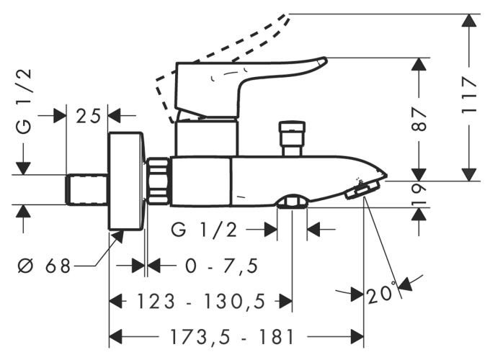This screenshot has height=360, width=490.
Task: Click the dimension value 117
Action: tap(469, 95)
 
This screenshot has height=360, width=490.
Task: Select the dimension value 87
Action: tap(419, 120)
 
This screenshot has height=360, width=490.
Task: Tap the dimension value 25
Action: tap(88, 116)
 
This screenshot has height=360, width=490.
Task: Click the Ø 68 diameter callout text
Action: tap(44, 266)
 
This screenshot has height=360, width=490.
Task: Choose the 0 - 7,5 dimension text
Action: tap(221, 266)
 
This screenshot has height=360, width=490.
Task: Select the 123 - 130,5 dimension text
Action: tap(201, 302)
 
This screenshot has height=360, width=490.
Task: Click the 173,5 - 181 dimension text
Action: tap(231, 337)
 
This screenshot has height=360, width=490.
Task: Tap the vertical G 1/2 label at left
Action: tap(24, 102)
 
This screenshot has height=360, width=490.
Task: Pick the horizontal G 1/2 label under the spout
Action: tap(204, 230)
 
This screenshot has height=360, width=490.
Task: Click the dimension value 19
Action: tap(419, 194)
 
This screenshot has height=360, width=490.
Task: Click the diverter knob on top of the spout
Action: tap(292, 138)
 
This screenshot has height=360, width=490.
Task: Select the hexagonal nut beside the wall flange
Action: tap(158, 181)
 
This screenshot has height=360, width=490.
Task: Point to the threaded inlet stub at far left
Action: tap(86, 189)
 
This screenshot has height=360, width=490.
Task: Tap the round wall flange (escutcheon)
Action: tap(127, 181)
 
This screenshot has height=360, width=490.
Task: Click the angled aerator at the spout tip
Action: tap(362, 189)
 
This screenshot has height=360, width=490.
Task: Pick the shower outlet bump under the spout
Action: tap(292, 202)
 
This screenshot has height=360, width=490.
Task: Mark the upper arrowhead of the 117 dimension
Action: tap(469, 22)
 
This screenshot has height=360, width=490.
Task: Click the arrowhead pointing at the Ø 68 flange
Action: tap(118, 237)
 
